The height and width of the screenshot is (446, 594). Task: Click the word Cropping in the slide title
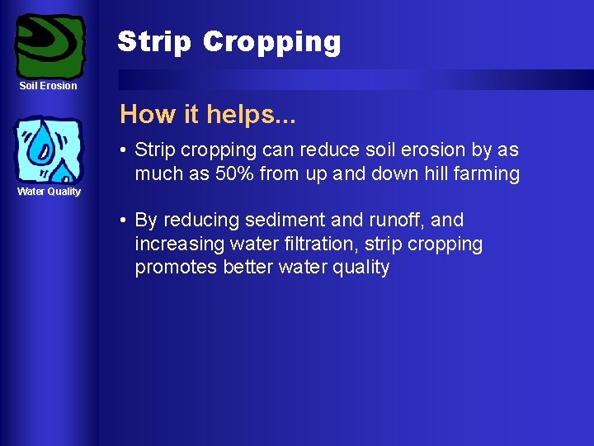(271, 42)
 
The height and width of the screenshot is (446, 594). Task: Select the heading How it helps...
(207, 114)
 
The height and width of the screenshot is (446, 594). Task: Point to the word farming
(487, 173)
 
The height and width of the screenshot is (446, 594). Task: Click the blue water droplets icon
(50, 149)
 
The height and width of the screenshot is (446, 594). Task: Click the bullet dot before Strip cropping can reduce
(122, 150)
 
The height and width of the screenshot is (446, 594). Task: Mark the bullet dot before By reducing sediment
(122, 221)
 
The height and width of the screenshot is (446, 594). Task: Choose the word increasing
(176, 244)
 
